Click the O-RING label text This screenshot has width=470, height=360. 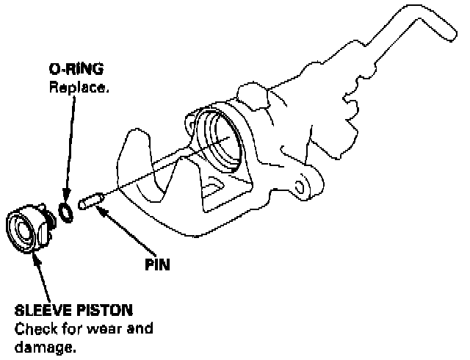76,70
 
